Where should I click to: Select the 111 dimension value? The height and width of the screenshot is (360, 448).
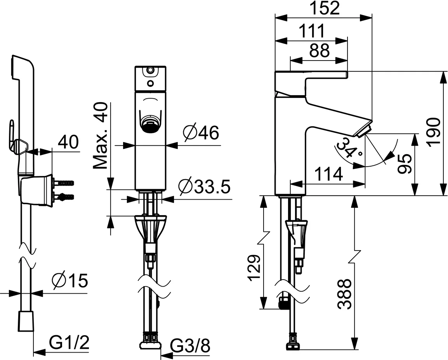click(x=311, y=31)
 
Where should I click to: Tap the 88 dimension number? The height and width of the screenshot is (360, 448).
click(x=320, y=50)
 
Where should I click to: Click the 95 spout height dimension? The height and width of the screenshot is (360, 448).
click(x=404, y=163)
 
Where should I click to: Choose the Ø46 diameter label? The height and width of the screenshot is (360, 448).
click(x=200, y=133)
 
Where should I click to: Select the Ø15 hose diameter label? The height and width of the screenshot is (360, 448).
click(x=69, y=281)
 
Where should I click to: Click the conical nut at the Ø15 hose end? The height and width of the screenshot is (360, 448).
click(x=26, y=322)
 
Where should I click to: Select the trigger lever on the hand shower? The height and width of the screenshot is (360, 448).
click(x=12, y=134)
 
